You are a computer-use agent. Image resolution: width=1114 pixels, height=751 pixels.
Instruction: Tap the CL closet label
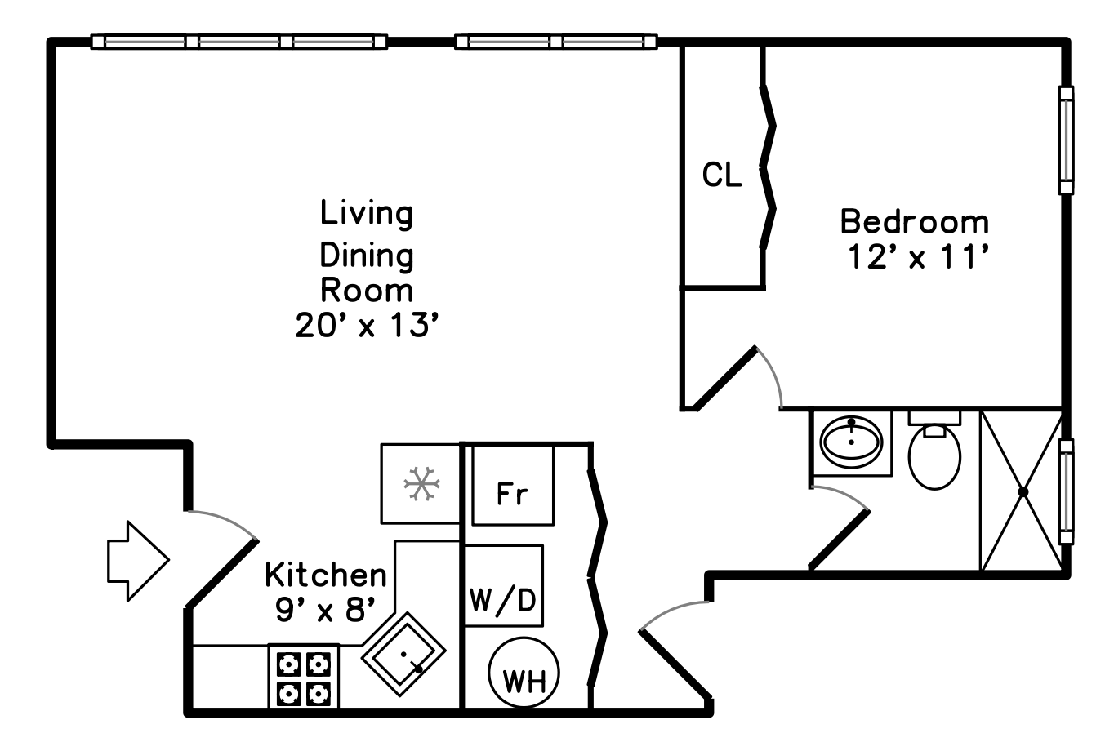723,175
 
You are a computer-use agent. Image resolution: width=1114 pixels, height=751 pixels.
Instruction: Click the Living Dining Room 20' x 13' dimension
367,326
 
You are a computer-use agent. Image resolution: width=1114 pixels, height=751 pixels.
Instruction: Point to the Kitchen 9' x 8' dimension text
325,609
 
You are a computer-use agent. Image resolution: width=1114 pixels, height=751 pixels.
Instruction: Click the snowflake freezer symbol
421,484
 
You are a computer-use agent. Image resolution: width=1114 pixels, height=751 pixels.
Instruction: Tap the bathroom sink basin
852,442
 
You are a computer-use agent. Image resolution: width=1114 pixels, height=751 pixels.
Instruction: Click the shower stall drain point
1022,491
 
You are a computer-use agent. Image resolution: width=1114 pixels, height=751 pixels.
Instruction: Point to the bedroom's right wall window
1065,140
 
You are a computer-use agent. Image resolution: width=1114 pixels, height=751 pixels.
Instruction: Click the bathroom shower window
1065,491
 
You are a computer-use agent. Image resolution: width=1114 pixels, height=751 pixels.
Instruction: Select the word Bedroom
914,222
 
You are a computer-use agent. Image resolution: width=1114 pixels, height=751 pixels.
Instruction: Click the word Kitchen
325,575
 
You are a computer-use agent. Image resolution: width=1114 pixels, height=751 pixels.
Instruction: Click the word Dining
367,256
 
